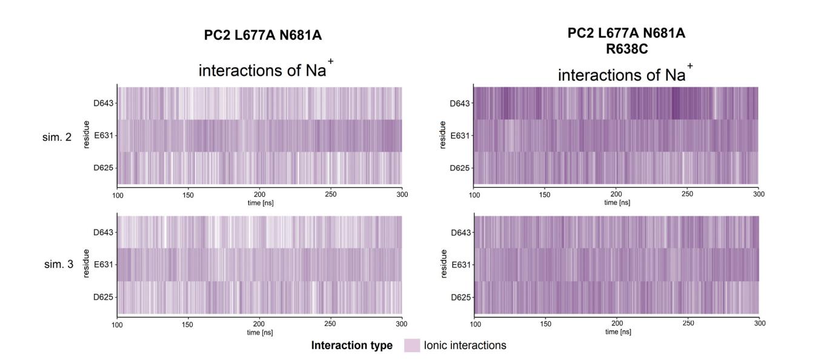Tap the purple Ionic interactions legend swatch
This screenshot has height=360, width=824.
coord(412,345)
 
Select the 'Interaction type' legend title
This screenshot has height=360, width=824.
coord(352,345)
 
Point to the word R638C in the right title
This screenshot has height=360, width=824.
coord(626,50)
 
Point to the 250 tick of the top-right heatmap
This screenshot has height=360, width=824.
coord(688,194)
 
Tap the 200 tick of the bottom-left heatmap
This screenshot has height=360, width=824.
coord(260,324)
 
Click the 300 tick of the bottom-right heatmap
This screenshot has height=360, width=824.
coord(759,324)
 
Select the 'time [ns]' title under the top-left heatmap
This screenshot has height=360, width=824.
coord(260,202)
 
